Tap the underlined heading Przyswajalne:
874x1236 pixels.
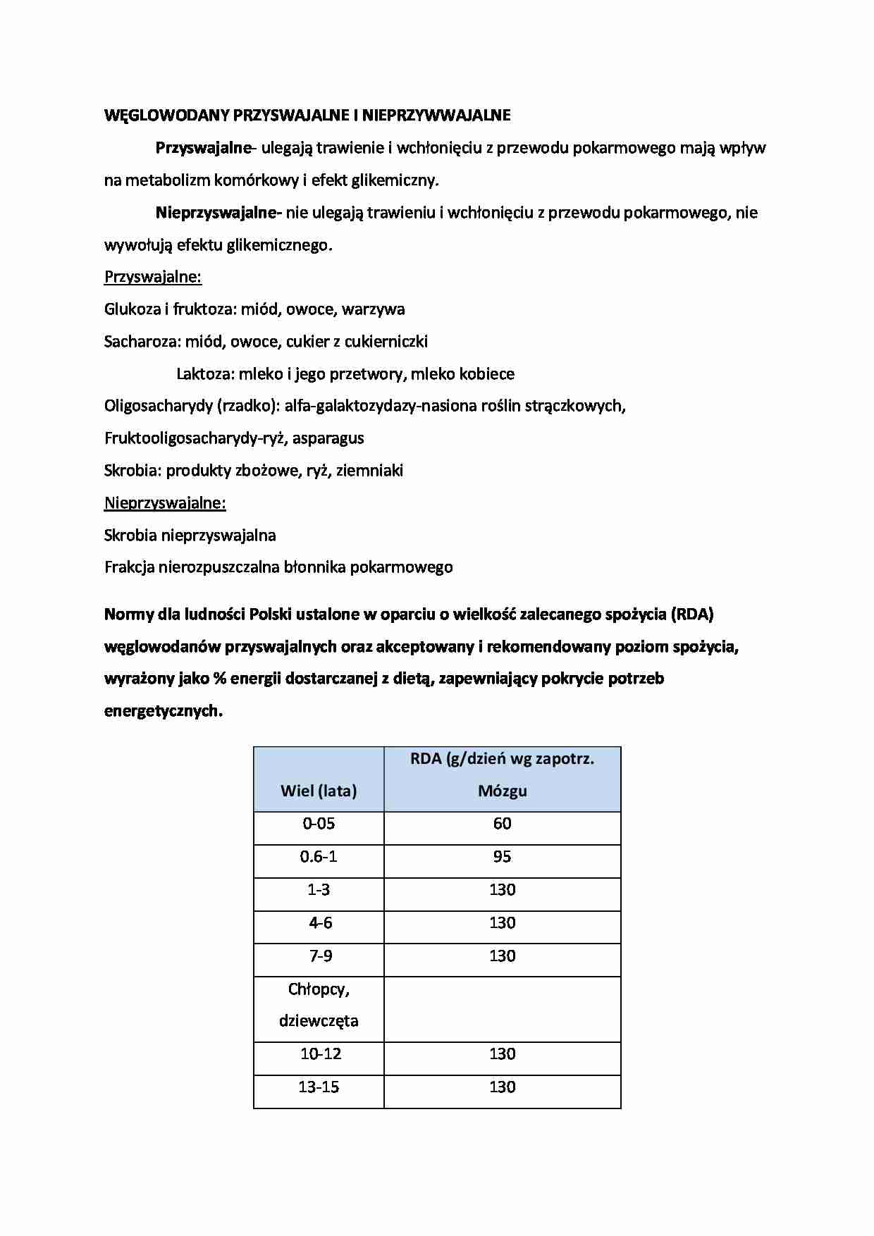153,277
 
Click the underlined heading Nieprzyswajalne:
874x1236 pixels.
165,503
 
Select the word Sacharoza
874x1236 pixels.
142,342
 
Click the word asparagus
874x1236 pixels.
328,438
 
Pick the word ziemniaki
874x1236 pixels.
370,471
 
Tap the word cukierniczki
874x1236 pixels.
386,342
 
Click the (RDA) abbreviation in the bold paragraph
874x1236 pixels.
692,614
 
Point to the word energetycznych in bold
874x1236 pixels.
163,711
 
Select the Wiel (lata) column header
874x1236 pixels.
319,791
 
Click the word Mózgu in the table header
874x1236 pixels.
503,791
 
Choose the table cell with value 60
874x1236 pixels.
503,824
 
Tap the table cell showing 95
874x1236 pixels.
503,857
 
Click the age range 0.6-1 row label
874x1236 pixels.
319,857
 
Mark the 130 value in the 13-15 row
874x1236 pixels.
503,1087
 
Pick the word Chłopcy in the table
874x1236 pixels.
319,989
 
